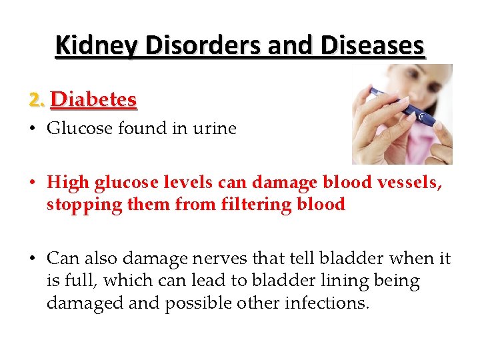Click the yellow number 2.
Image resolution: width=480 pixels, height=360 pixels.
click(37, 100)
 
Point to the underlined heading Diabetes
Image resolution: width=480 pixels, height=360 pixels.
click(94, 99)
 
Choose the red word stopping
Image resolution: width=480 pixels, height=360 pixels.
click(78, 205)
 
